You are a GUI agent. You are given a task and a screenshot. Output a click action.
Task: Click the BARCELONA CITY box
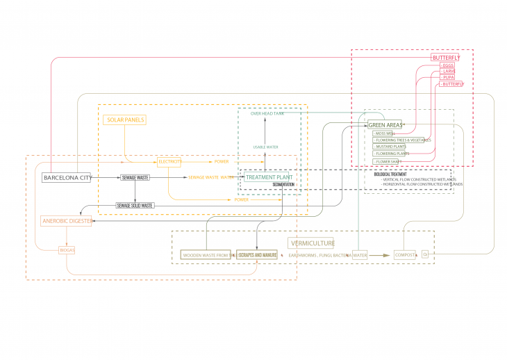67,178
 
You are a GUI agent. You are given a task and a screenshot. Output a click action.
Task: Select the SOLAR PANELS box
126,120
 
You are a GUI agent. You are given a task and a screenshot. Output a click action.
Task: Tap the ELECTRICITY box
169,162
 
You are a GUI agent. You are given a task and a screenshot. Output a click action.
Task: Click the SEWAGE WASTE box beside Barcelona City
135,178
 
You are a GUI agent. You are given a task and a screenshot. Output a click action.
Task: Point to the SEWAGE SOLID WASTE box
135,206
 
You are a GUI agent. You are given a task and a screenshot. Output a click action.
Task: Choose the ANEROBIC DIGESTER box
66,221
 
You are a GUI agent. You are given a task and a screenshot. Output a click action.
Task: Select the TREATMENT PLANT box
267,177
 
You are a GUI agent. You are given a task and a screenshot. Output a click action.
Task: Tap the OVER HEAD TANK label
267,113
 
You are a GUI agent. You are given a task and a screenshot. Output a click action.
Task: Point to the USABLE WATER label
265,147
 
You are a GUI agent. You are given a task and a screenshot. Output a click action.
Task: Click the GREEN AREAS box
385,125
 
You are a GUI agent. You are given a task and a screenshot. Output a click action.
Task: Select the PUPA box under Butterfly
448,77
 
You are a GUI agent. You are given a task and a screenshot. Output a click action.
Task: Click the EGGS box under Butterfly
447,65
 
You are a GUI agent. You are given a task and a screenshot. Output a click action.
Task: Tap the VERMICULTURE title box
311,243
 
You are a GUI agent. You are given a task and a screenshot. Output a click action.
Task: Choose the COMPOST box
405,255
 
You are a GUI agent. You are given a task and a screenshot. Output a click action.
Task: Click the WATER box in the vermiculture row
359,255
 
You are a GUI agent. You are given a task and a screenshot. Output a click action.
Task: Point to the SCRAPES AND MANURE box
257,255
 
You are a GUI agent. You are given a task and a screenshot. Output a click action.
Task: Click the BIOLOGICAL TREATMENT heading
391,174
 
